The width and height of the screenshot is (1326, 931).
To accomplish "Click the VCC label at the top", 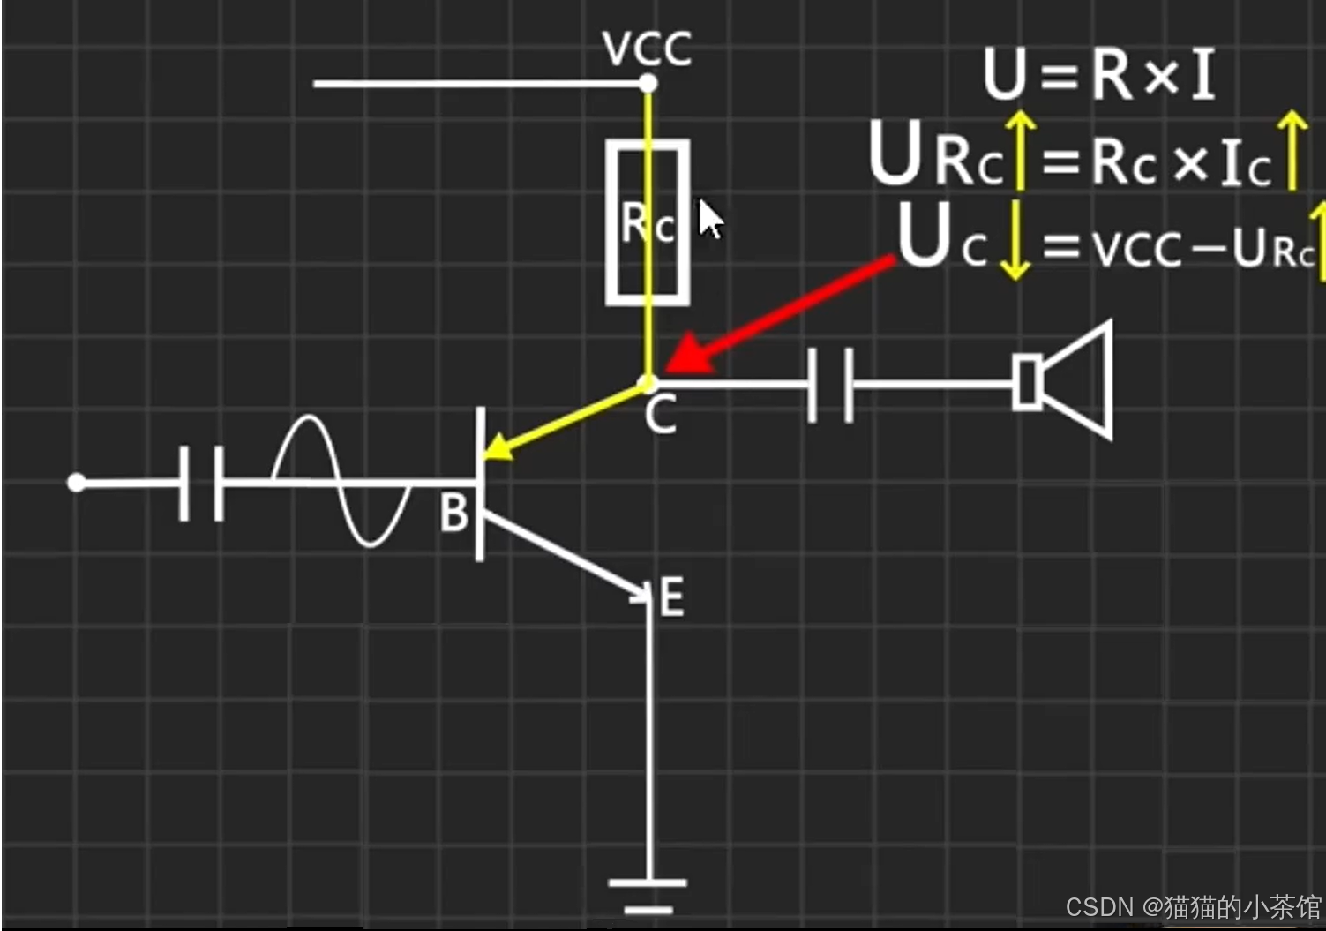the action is (647, 49).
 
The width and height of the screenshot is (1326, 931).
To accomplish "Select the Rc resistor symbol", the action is (648, 221).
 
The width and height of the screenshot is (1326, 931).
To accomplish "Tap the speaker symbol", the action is (1063, 380).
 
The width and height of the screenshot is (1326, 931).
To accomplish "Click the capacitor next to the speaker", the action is (830, 384).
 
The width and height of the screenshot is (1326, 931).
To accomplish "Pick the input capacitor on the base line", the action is (201, 483).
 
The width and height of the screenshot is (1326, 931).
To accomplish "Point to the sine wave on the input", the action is (340, 482).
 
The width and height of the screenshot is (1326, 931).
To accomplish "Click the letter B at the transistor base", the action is (454, 513).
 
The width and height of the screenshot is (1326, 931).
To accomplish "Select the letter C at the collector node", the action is (660, 415).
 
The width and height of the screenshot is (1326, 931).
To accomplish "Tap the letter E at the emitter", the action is (671, 598).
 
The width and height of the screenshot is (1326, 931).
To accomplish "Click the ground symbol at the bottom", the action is (648, 893).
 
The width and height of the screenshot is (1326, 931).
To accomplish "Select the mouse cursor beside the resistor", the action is (709, 219).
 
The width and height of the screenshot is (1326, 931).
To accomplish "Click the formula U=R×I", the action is (1098, 73).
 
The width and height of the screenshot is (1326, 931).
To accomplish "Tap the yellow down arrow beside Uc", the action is (1015, 240).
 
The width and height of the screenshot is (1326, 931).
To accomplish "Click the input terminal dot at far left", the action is (77, 483).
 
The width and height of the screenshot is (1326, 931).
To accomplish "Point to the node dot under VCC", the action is (648, 85).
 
